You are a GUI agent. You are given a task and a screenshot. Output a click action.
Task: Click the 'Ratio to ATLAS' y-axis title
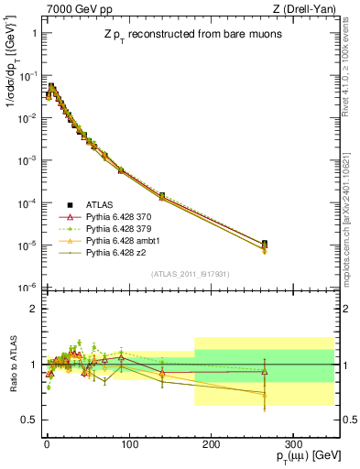[12, 365]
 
